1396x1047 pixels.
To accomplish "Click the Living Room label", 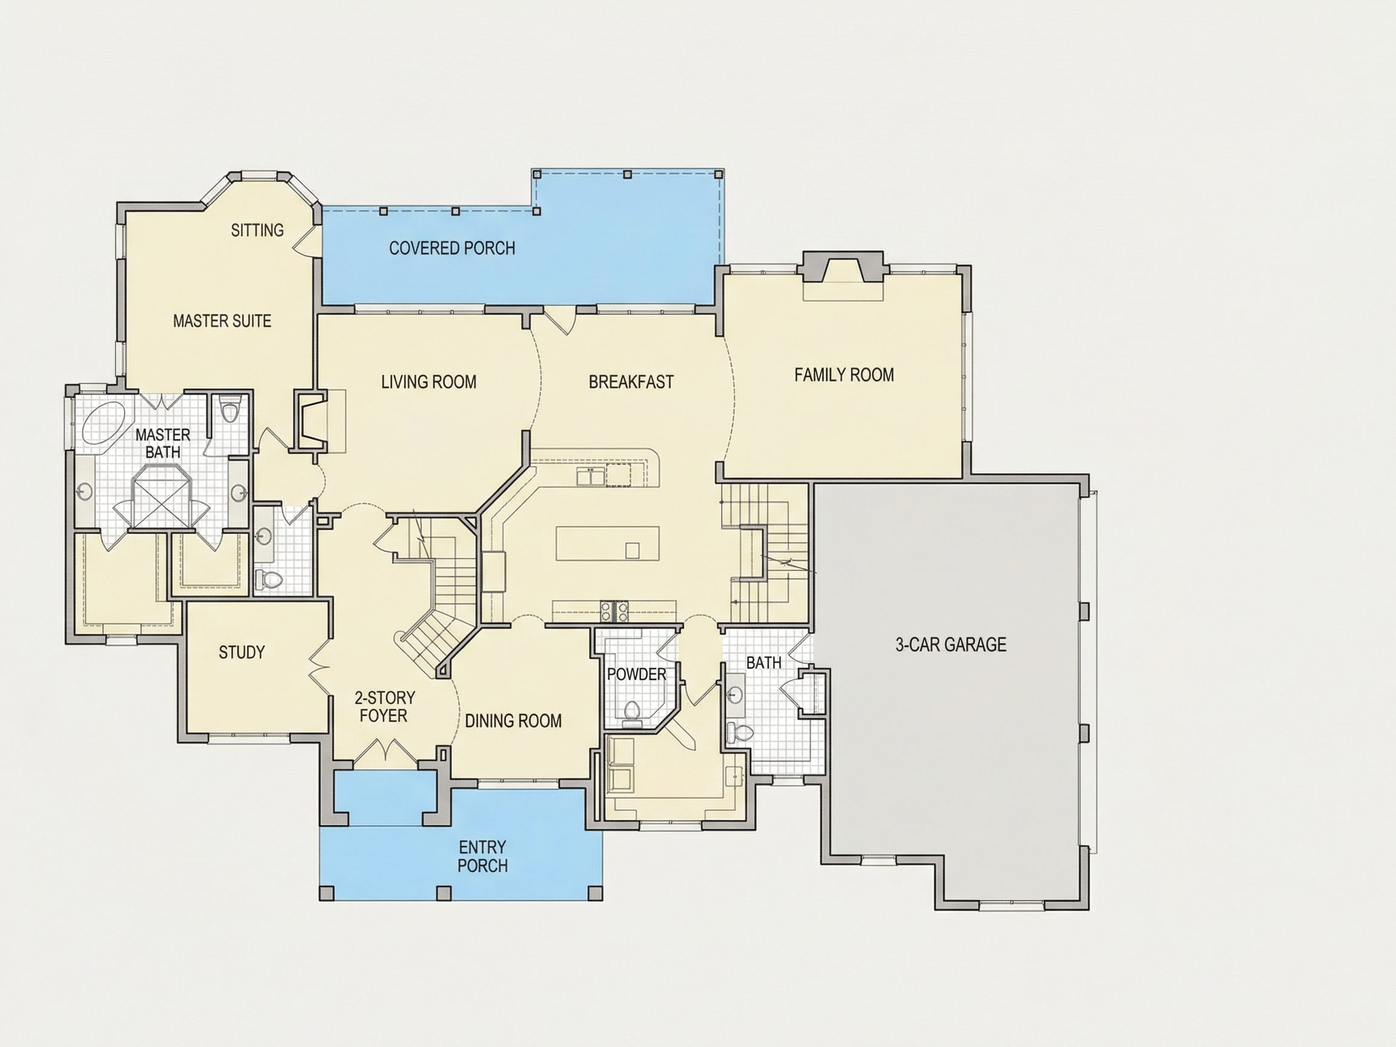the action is [x=428, y=382].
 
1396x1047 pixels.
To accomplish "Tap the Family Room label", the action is [x=844, y=375].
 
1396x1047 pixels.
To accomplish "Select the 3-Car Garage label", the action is [x=951, y=644].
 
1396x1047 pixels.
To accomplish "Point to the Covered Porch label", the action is [x=452, y=248].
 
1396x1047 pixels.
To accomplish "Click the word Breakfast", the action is [x=631, y=382].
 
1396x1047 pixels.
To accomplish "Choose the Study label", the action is [x=242, y=652].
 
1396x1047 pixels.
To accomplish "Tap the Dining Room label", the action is [x=513, y=720].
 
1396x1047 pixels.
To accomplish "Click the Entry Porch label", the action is [x=483, y=856].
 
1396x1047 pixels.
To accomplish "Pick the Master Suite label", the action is [x=222, y=321].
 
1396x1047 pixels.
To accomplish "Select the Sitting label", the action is [x=257, y=230].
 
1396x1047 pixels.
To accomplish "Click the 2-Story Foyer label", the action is [x=384, y=707].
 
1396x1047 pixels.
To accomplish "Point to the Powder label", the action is [x=636, y=674].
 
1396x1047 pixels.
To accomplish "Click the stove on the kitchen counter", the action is [x=614, y=611].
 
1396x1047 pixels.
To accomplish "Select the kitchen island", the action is [x=608, y=543].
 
